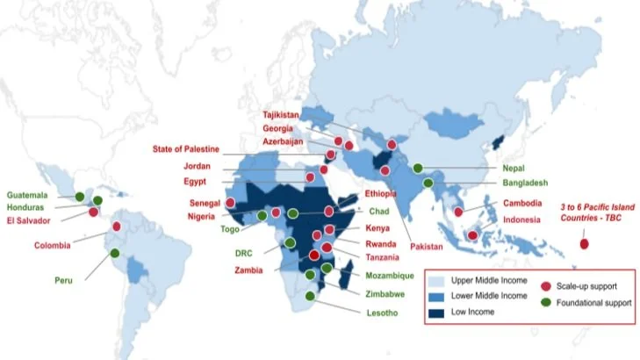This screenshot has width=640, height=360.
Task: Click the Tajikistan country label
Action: [x=281, y=115]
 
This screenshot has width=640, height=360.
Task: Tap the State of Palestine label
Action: [x=186, y=148]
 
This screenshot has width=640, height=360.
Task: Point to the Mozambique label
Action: [x=388, y=275]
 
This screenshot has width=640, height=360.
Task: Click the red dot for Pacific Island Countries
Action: [x=584, y=245]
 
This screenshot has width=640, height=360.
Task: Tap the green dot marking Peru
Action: [x=115, y=256]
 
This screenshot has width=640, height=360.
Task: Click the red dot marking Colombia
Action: [x=117, y=226]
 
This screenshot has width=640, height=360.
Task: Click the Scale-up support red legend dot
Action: [x=547, y=285]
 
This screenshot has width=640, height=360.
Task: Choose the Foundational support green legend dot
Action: [x=547, y=303]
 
